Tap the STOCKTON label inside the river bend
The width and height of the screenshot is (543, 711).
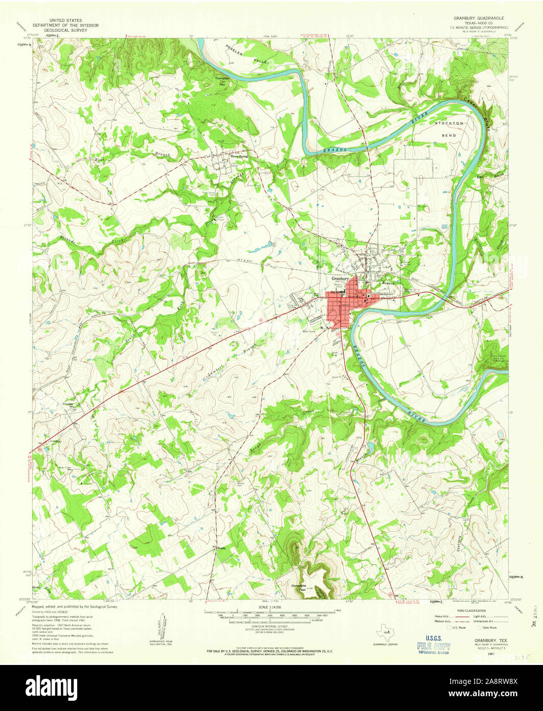449,124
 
